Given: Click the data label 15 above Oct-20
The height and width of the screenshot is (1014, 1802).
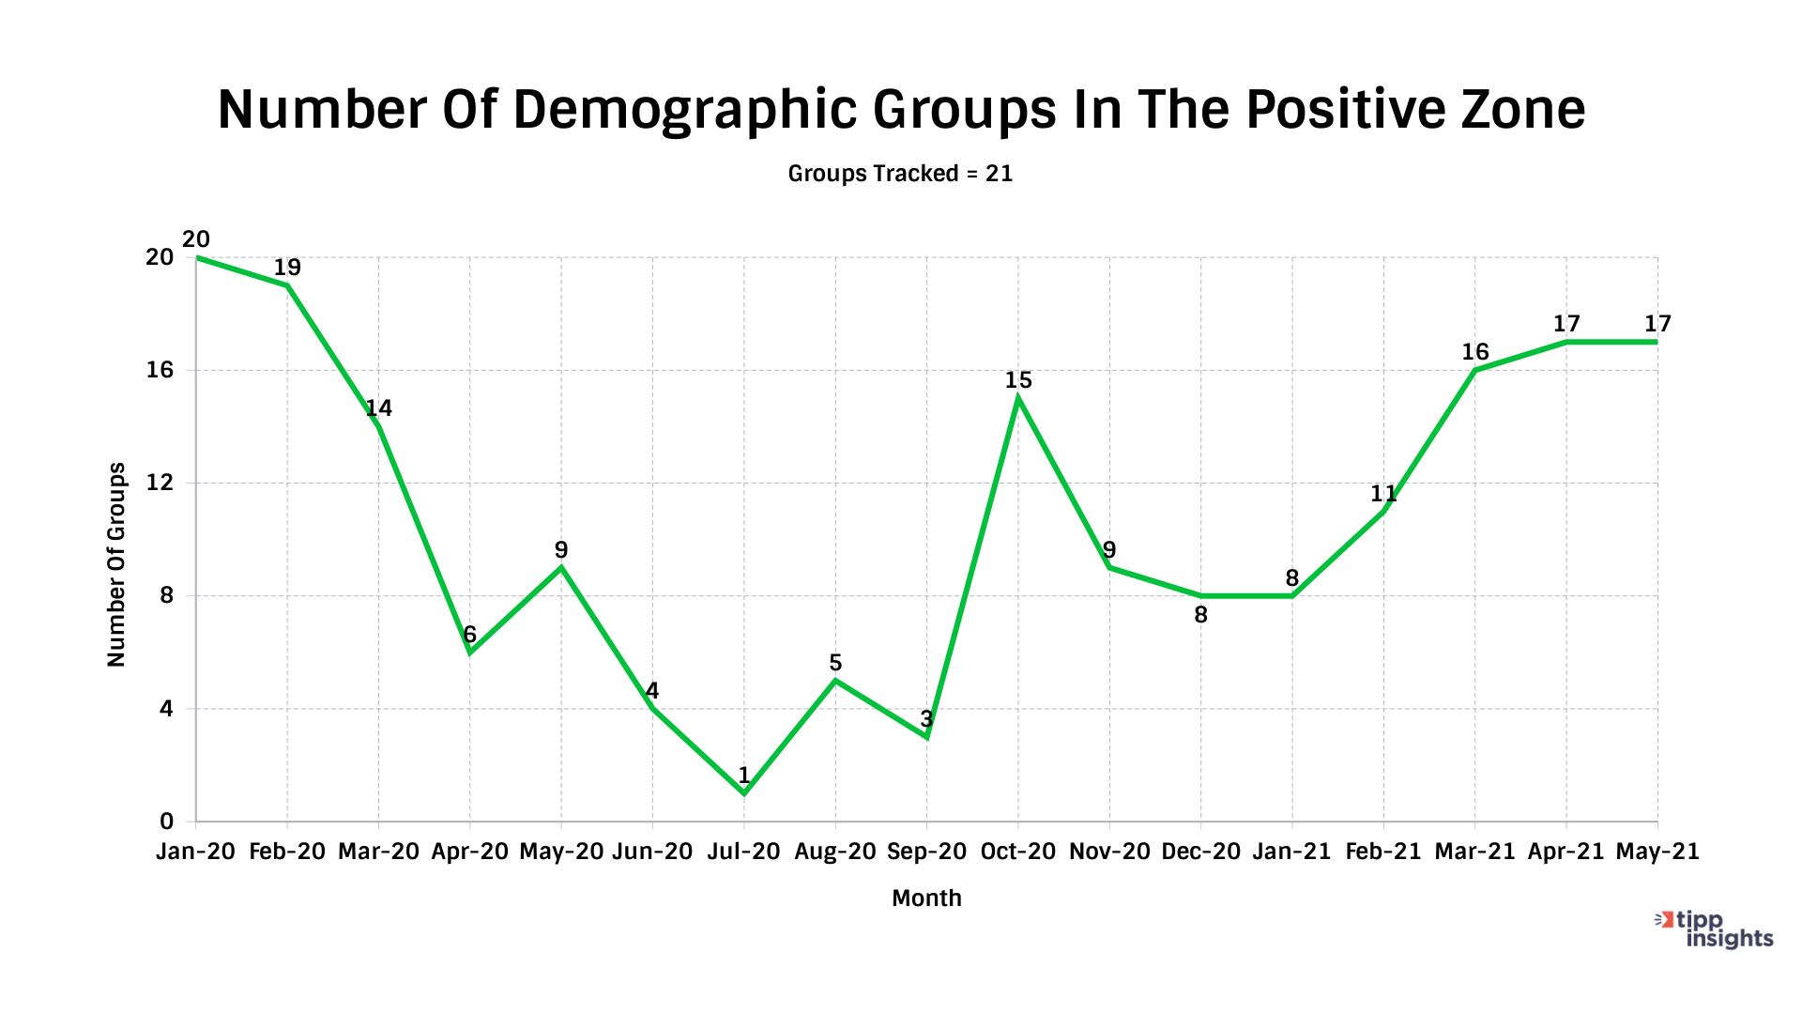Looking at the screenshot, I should pos(1018,380).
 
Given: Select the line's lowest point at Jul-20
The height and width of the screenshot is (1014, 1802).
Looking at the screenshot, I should pos(744,793).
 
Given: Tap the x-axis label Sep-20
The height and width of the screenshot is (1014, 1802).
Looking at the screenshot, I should pos(926,852).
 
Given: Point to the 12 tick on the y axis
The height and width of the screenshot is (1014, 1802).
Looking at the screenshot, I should pos(160,483).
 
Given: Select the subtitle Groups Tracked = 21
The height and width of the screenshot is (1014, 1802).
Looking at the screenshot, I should pos(900,174).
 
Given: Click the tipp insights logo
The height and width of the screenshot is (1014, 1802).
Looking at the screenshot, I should pos(1716,929).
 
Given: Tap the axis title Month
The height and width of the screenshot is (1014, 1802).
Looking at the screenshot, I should pos(926,899).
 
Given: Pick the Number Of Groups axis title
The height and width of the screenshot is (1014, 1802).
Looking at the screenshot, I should pos(116,564).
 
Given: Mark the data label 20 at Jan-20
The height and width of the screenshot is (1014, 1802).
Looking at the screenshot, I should pos(196,239).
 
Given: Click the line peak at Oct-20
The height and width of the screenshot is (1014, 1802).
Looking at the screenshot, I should pos(1018,398).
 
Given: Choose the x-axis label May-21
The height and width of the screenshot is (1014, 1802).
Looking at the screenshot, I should pos(1657,852).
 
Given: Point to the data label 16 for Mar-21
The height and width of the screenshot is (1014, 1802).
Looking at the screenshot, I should pos(1475,352).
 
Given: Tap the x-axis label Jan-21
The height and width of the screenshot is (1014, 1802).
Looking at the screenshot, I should pos(1291,852).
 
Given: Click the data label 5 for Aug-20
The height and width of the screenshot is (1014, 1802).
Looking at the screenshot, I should pos(835,664).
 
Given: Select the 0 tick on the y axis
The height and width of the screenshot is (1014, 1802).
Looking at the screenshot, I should pos(167,822).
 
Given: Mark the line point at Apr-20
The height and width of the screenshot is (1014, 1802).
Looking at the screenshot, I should pos(470,652).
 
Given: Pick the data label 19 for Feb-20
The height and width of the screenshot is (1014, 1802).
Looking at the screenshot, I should pos(287,268).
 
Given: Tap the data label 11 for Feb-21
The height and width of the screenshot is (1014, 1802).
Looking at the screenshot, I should pos(1383,494).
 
